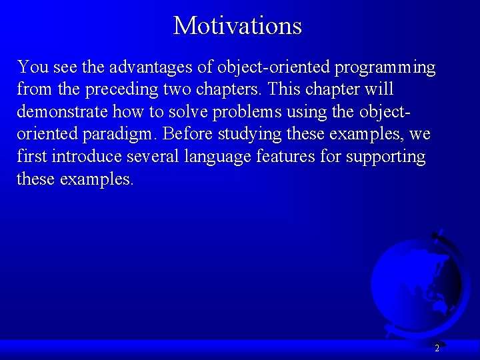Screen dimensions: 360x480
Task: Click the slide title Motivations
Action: pos(237,26)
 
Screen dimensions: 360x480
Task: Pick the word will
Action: pos(379,90)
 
